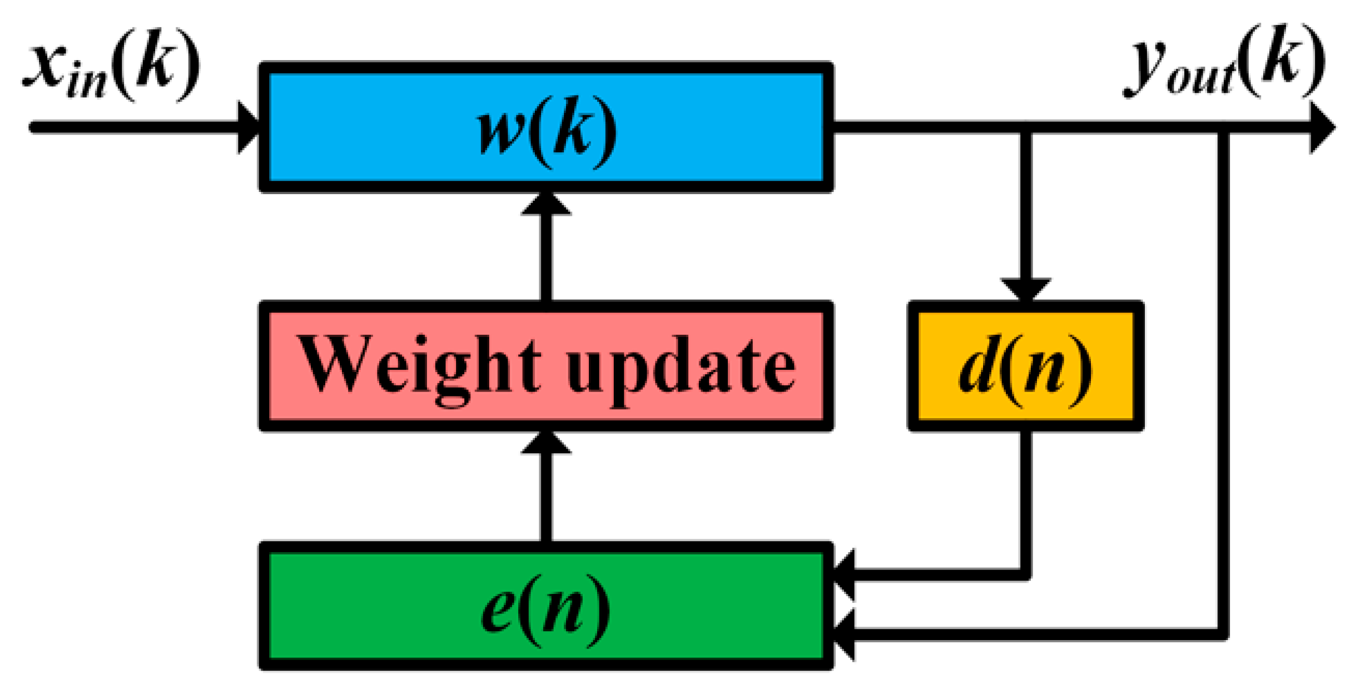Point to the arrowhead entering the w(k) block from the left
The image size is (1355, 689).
(x=249, y=127)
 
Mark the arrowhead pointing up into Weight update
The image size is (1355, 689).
(x=545, y=443)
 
